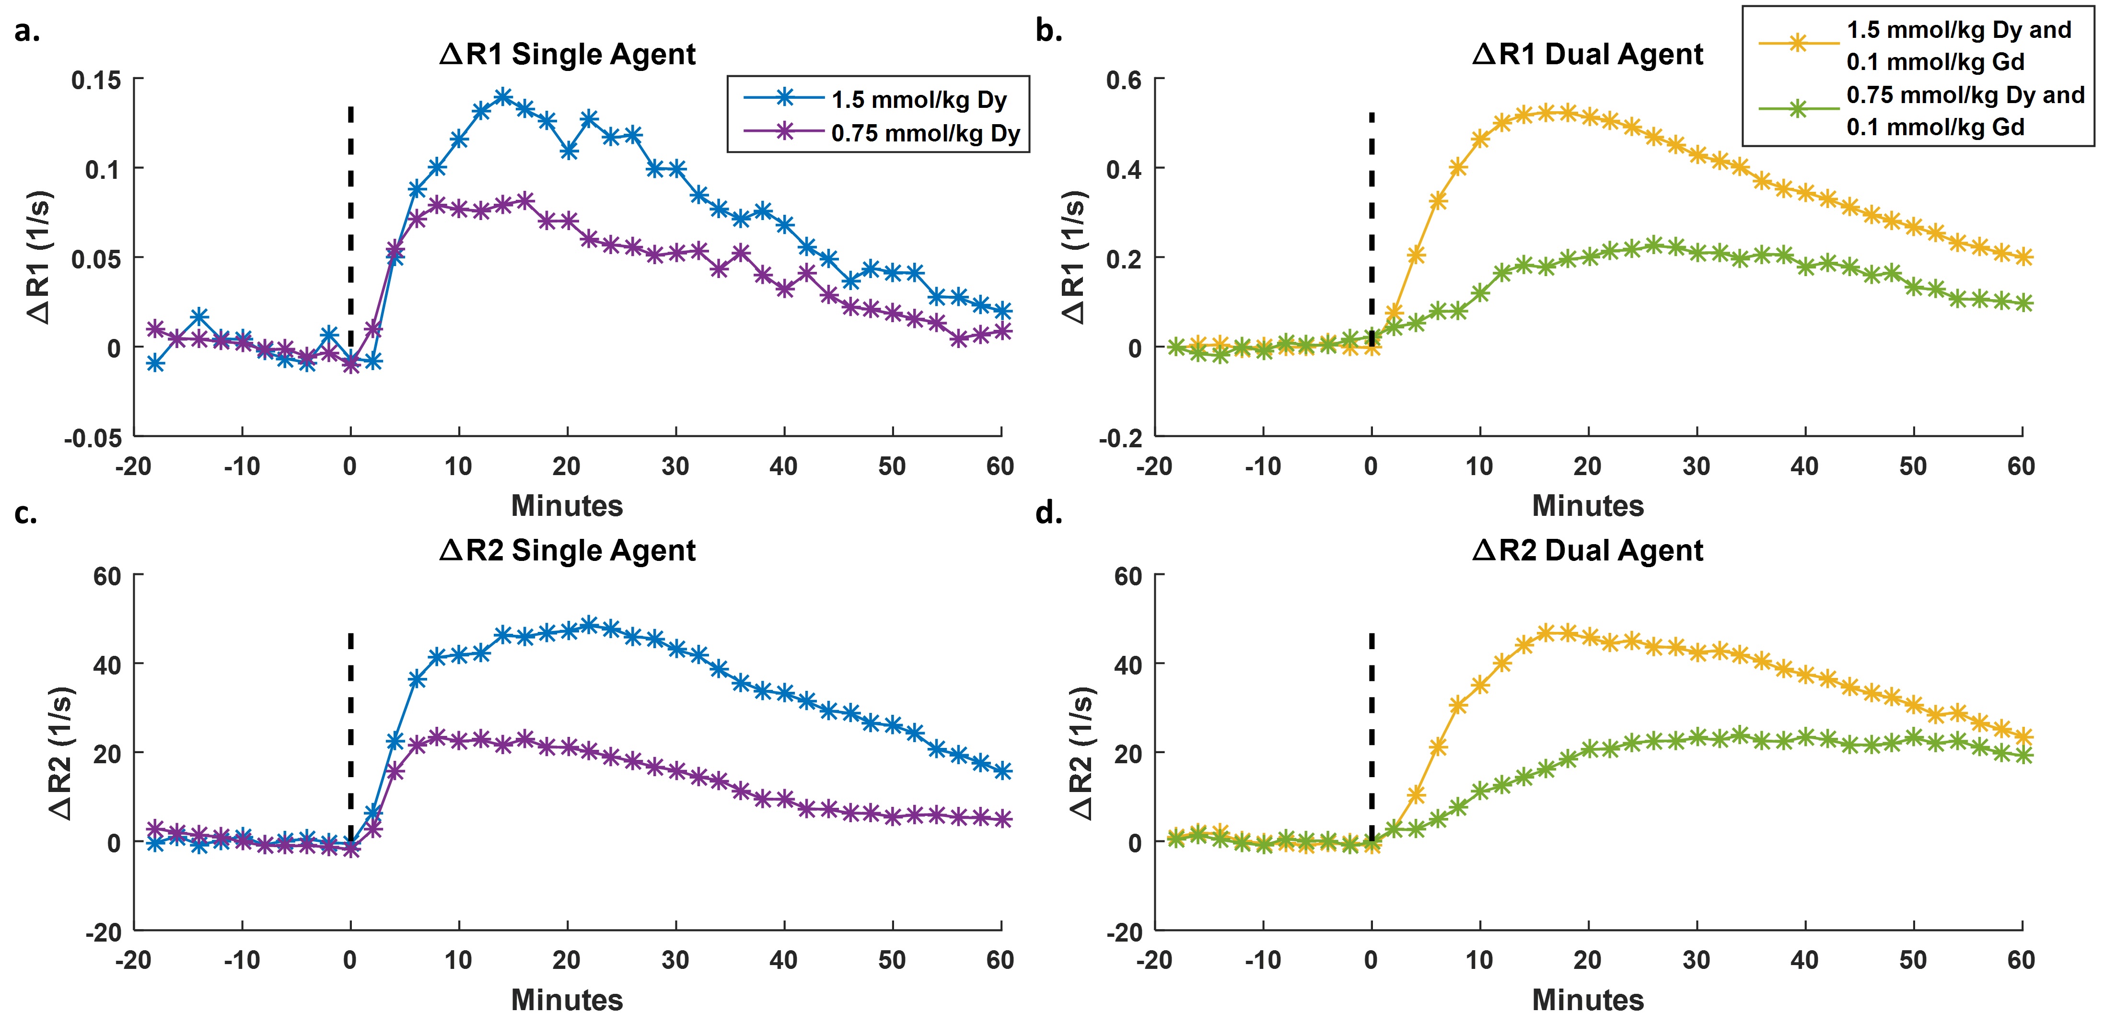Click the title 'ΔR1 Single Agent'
coord(567,55)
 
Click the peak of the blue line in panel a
coord(503,96)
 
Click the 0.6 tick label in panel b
coord(1124,80)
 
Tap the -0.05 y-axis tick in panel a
coord(93,438)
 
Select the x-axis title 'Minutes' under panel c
coord(567,1000)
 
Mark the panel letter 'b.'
coord(1048,31)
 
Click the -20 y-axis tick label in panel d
coord(1124,932)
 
